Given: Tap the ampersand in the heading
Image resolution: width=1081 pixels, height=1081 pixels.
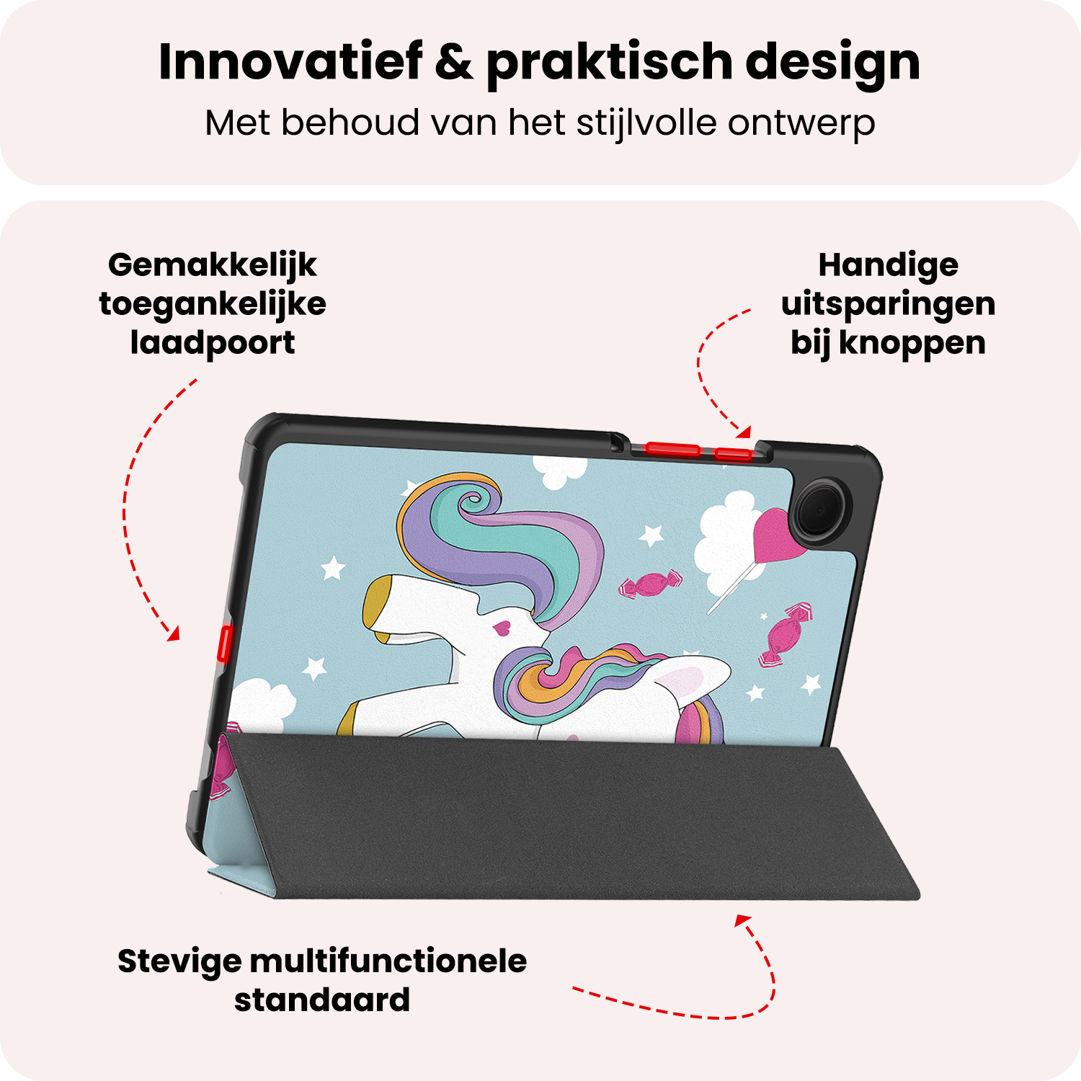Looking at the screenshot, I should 454,62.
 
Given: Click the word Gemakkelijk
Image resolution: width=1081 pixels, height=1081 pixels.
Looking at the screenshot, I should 212,266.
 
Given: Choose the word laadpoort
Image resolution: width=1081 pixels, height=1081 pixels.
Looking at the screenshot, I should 212,344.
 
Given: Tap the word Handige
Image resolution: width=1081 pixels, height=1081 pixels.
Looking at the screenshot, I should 888,266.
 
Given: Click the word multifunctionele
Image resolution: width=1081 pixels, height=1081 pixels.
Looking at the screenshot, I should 388,961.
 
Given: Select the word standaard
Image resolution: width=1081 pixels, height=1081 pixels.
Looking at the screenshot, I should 322,1000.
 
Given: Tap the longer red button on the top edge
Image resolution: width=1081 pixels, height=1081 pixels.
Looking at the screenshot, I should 672,450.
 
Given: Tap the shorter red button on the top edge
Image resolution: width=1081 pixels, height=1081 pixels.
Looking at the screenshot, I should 734,453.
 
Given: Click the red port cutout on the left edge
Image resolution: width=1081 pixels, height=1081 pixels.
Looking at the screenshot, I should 224,644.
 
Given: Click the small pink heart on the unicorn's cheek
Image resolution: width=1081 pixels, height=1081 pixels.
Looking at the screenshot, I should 502,628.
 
